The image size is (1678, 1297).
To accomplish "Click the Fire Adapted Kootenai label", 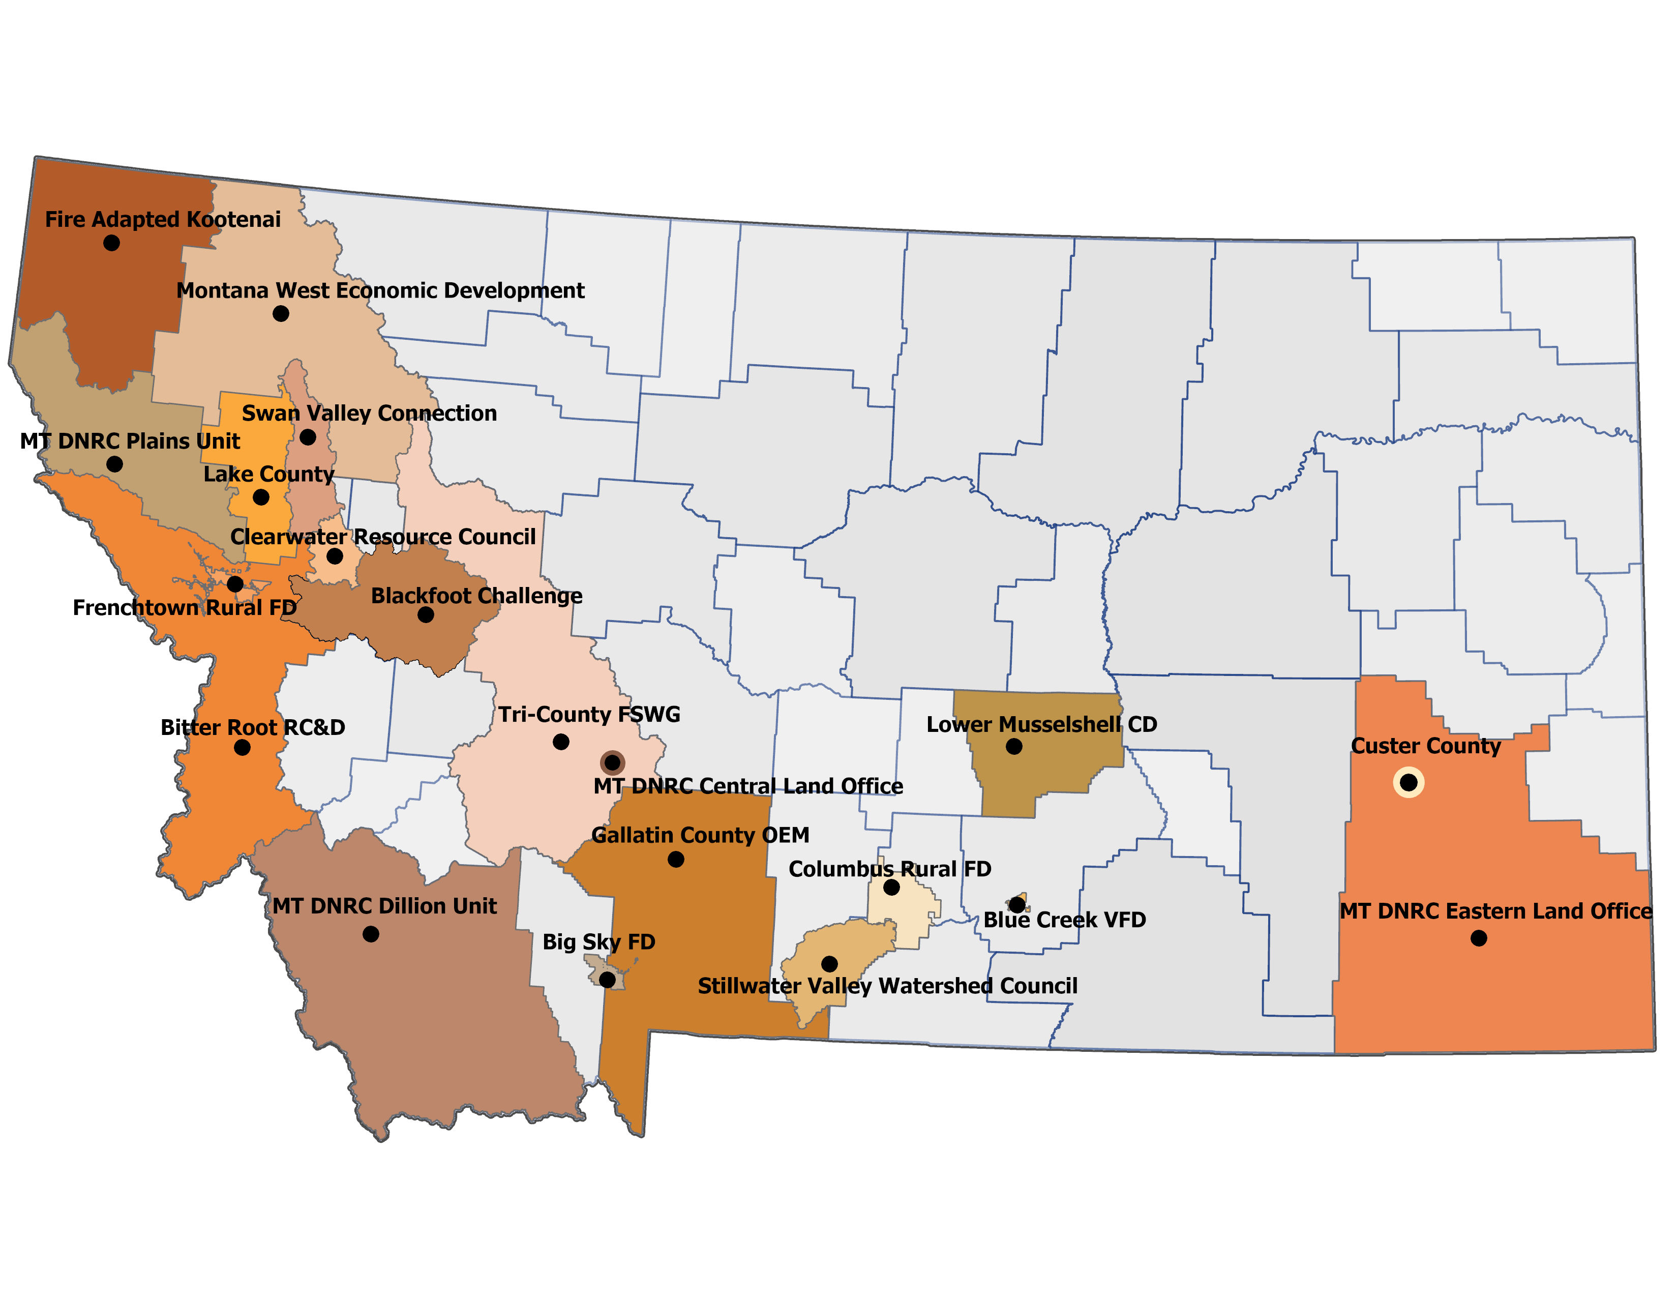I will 163,220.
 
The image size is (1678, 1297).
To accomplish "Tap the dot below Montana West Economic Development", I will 281,313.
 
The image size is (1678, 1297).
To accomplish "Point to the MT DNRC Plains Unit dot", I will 114,464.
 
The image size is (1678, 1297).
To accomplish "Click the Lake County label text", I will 269,474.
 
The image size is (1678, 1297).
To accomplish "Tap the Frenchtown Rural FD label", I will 185,608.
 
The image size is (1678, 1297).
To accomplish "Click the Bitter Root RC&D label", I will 253,728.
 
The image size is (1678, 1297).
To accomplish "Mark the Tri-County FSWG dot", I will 561,742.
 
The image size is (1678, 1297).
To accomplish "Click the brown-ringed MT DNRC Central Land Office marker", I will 612,763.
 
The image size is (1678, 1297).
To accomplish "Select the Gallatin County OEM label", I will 700,835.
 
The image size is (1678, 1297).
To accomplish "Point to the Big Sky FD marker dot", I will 607,980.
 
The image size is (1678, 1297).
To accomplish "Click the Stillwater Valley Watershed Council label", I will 887,986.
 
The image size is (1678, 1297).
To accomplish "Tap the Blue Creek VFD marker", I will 1016,904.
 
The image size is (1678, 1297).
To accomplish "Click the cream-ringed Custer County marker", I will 1409,782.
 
